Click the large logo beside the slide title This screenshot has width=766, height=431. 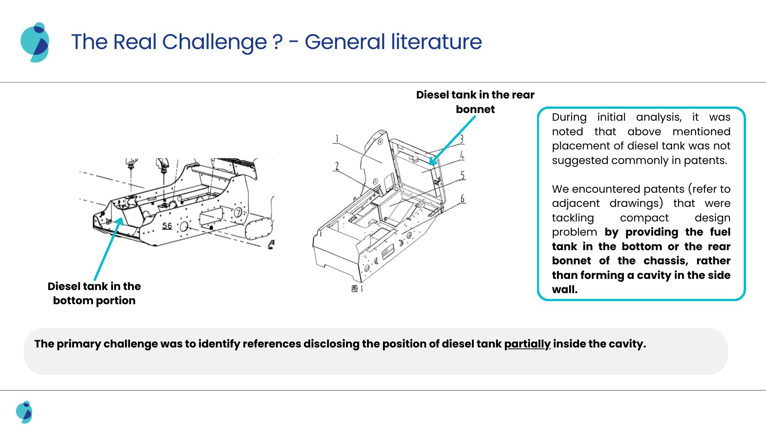pos(35,42)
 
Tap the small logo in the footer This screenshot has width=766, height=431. pos(24,412)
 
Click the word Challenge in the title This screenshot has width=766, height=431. pos(214,42)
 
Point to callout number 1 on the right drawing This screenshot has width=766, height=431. pos(337,138)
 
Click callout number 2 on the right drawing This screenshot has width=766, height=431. pos(337,166)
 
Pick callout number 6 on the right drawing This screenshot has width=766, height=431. pos(462,199)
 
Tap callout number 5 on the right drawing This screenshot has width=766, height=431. pos(463,175)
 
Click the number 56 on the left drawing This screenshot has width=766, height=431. pos(167,226)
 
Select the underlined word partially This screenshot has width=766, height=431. pos(527,344)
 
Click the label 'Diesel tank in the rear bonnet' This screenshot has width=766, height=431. pos(475,102)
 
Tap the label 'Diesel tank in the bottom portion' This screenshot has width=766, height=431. pos(94,293)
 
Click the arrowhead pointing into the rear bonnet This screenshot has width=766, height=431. pos(432,162)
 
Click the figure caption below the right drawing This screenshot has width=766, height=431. pos(357,288)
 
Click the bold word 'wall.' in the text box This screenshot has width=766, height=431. pos(565,289)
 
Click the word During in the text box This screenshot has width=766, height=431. pos(569,117)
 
